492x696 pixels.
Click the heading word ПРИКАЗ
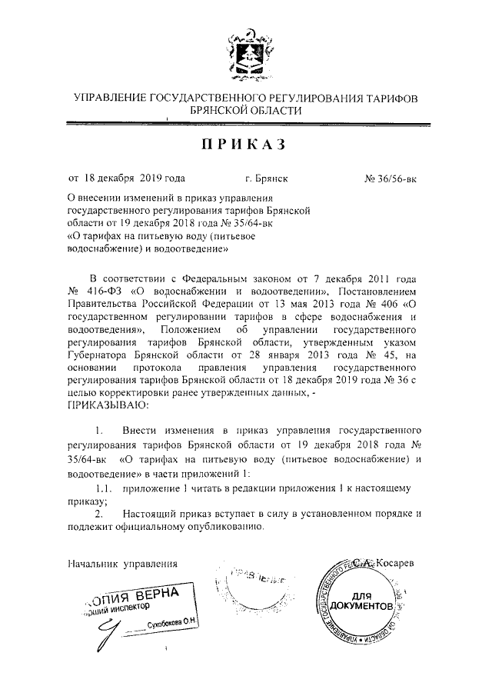pyautogui.click(x=245, y=145)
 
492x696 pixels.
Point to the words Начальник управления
pyautogui.click(x=123, y=564)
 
